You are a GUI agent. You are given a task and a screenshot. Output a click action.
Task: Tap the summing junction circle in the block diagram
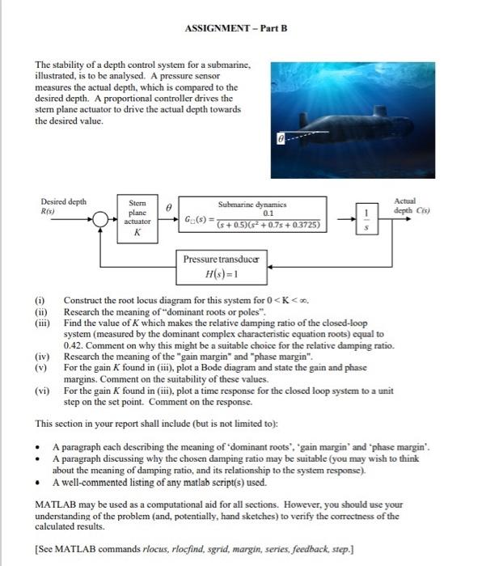[x=102, y=217]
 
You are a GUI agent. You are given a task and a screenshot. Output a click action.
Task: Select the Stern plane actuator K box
[x=137, y=216]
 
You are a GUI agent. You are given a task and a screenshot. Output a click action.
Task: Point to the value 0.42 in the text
[x=74, y=344]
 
